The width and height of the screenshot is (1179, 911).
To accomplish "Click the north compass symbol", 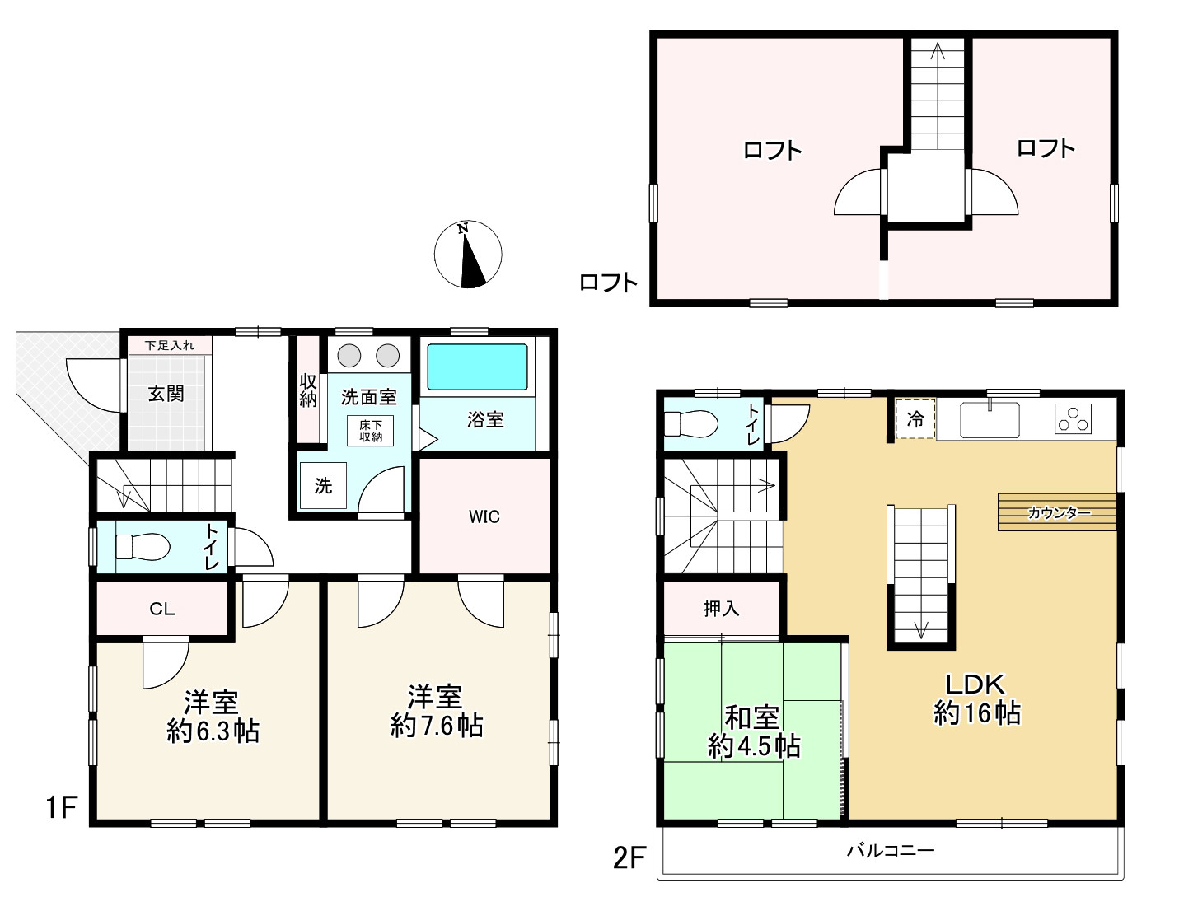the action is click(x=468, y=254).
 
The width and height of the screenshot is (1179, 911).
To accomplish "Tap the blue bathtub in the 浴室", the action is click(x=478, y=367).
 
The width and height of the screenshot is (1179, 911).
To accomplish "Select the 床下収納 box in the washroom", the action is click(x=371, y=431).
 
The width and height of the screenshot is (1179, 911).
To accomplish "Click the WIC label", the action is click(x=484, y=516).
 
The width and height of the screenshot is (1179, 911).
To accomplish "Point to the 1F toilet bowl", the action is click(x=143, y=546).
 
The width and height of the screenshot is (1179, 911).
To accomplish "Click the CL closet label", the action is click(x=162, y=610).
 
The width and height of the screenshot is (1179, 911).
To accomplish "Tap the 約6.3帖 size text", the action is click(x=213, y=731).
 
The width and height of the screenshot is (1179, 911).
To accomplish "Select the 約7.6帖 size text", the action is click(x=436, y=726).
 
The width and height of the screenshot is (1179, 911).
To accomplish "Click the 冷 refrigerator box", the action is click(x=915, y=418).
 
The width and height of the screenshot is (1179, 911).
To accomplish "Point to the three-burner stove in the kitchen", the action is click(x=1074, y=418).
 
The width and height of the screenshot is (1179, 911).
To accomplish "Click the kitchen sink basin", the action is click(x=990, y=420).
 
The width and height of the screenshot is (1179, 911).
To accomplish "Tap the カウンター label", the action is click(x=1059, y=512).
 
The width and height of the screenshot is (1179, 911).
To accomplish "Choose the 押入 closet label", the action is click(x=721, y=609).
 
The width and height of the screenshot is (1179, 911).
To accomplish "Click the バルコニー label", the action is click(x=891, y=850).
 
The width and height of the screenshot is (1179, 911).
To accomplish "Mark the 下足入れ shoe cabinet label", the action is click(x=169, y=345).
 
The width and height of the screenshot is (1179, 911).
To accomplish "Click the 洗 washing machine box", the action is click(x=323, y=485).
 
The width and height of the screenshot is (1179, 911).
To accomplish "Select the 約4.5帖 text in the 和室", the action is click(x=754, y=747).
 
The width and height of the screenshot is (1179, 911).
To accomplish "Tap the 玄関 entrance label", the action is click(x=166, y=394).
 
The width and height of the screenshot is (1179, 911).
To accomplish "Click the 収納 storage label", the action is click(x=307, y=390).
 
